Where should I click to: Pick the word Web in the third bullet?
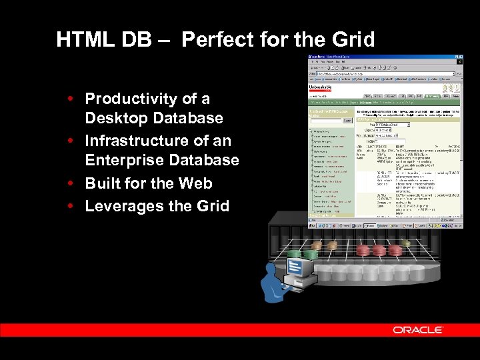tap(196, 183)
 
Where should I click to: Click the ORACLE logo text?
tap(418, 330)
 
